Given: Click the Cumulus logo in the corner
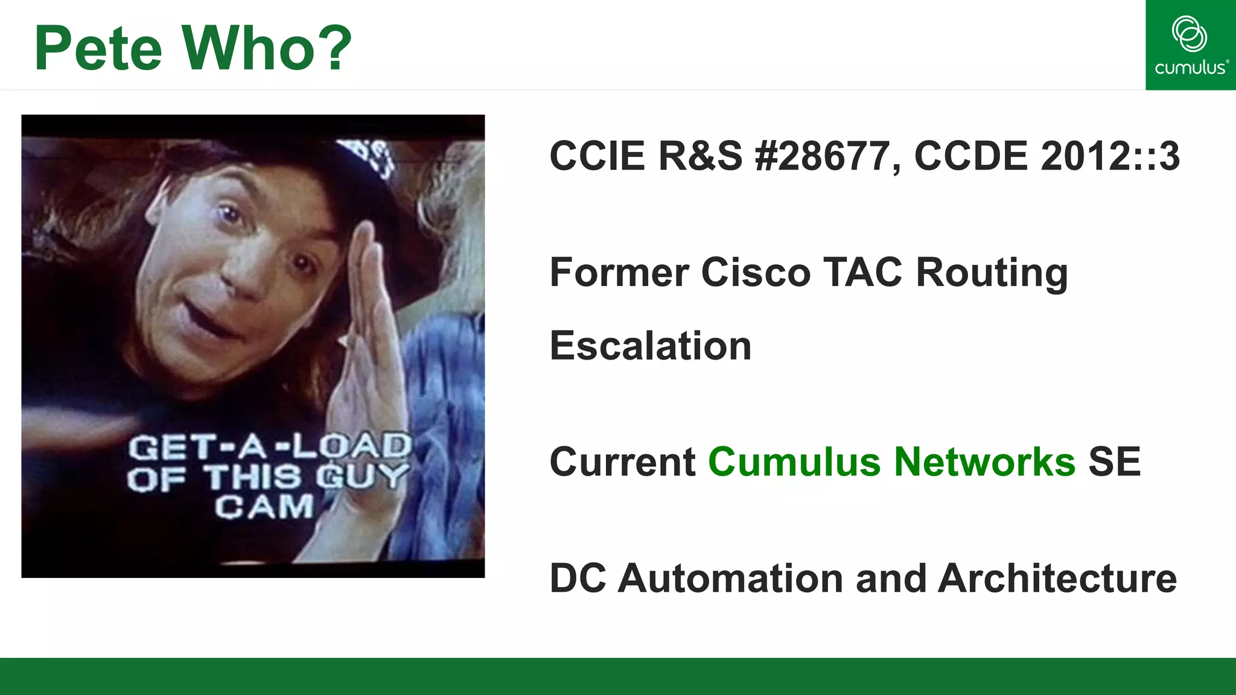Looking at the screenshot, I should pos(1190,45).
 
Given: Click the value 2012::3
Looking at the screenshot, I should pos(1110,156).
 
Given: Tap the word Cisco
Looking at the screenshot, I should pos(756,273).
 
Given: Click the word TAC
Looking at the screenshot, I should pos(864,273).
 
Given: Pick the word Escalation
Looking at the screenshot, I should pos(651,346).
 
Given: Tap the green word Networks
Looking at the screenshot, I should pos(984,462).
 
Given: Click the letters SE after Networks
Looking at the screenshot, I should pos(1114,462).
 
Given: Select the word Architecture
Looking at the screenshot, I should pos(1057,579).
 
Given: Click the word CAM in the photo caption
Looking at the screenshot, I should pos(264,507).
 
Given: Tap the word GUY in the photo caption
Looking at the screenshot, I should pos(362,477).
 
